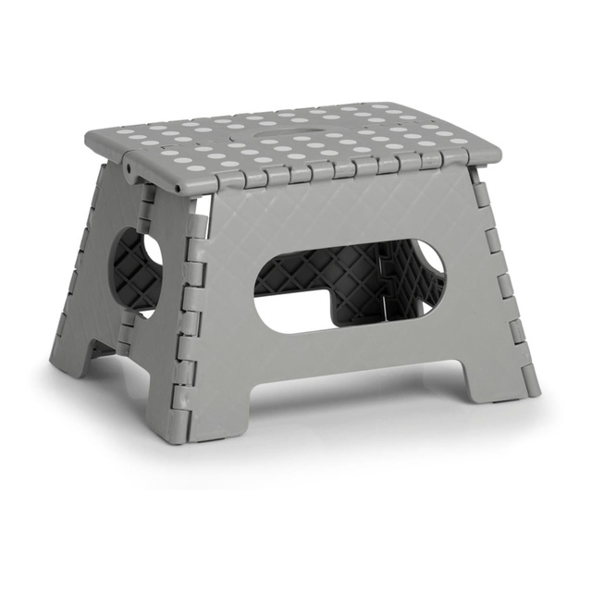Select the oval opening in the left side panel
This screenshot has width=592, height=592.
pos(137,274)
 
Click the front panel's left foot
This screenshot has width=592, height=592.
pos(197,407)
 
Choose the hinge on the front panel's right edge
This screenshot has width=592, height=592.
pos(499,277)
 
